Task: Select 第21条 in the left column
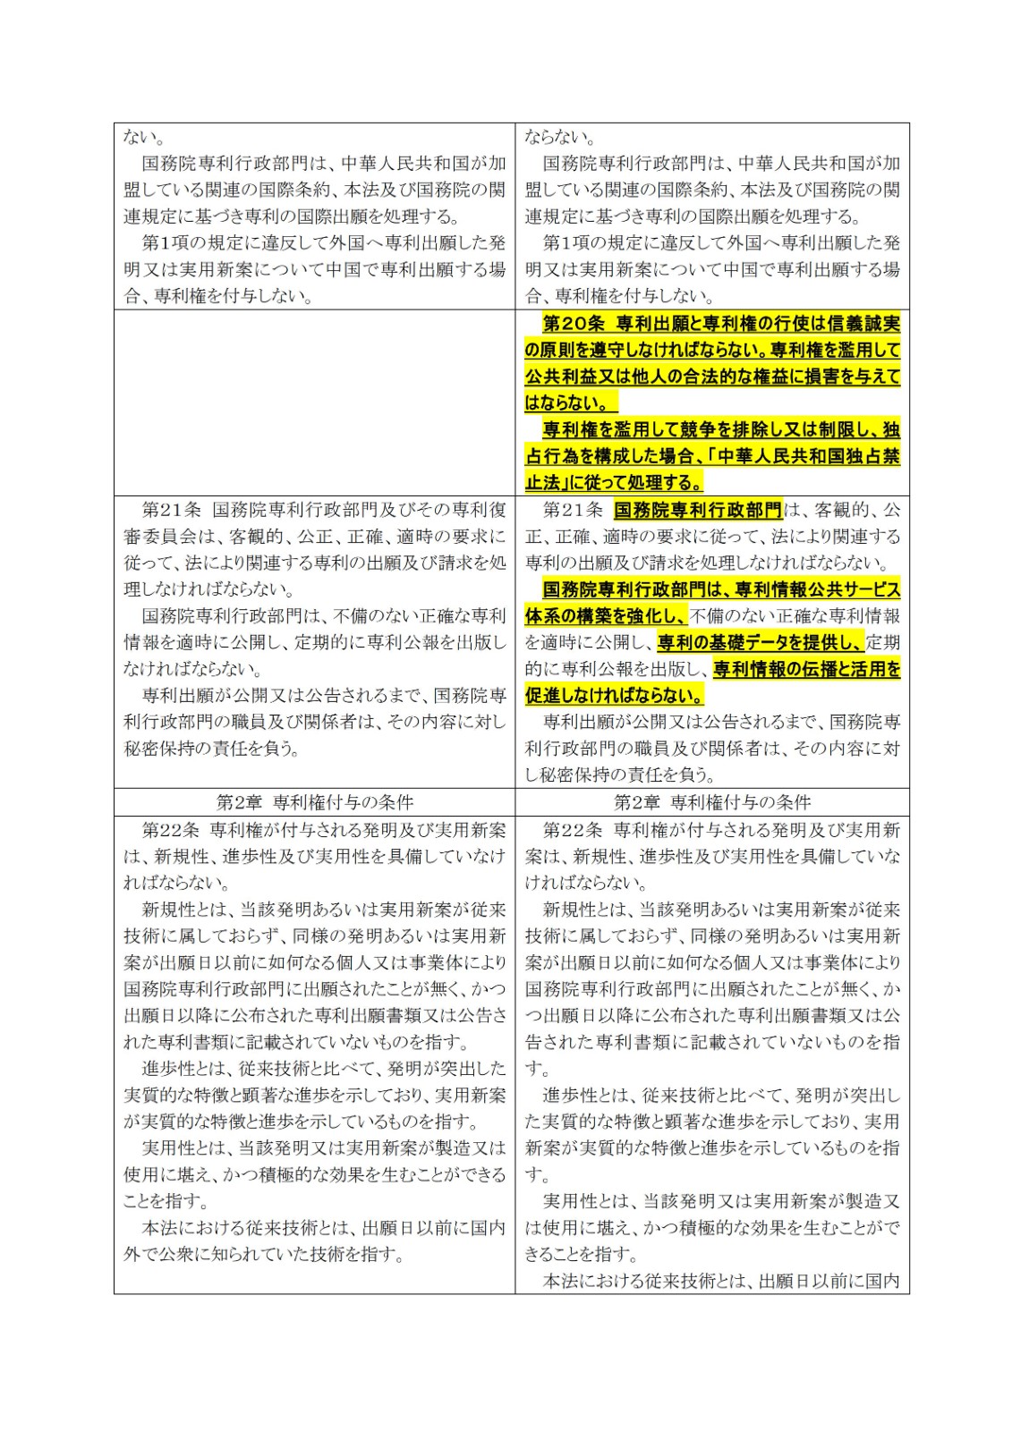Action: click(x=172, y=510)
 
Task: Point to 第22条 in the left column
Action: click(x=172, y=830)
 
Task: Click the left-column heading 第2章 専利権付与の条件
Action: click(x=314, y=802)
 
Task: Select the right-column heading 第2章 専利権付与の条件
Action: click(x=712, y=802)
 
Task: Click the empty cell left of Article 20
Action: click(x=314, y=402)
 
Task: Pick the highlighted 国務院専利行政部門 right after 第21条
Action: click(x=698, y=510)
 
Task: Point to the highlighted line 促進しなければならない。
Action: click(x=615, y=695)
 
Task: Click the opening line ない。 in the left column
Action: click(x=143, y=137)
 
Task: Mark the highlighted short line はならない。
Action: click(x=570, y=402)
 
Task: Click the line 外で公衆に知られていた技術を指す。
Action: click(x=263, y=1254)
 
